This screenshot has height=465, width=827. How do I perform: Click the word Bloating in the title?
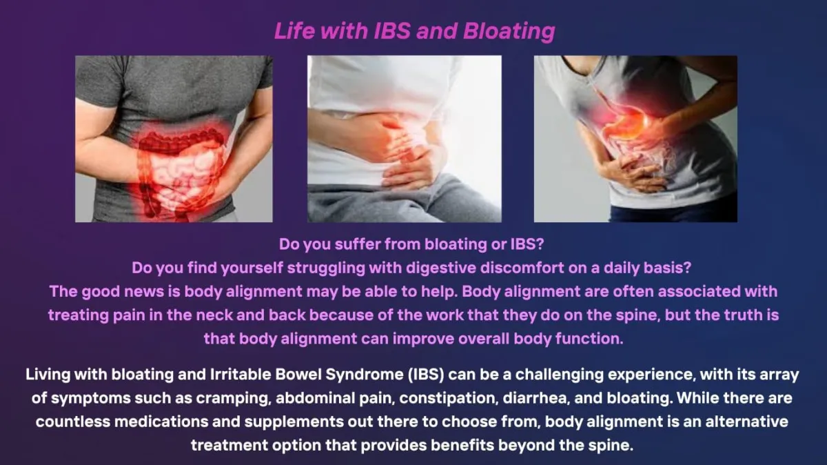pyautogui.click(x=509, y=31)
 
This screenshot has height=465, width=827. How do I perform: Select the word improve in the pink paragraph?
pyautogui.click(x=423, y=339)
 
